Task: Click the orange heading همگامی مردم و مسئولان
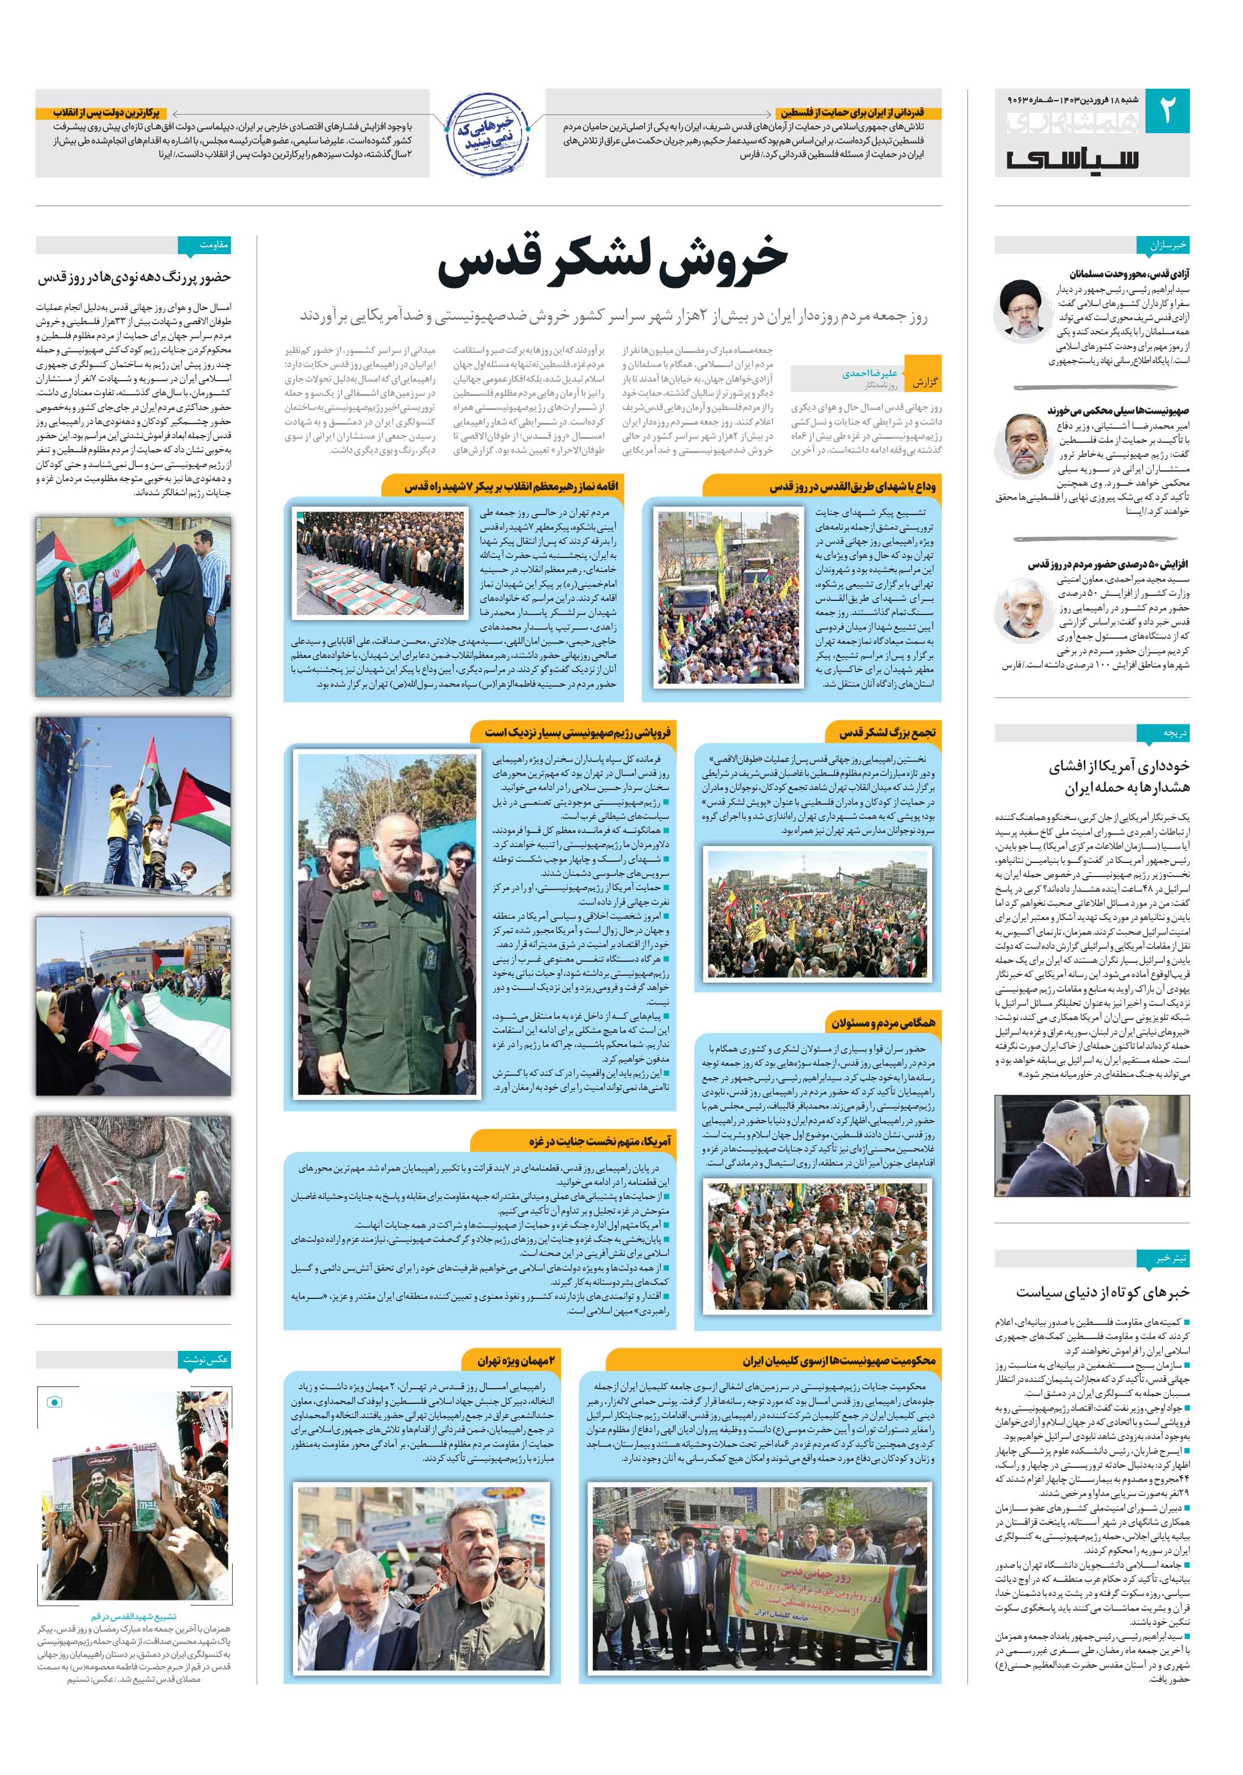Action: point(883,1023)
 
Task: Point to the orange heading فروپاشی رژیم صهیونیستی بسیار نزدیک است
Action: point(577,731)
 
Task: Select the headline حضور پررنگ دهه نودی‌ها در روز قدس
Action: point(134,277)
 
